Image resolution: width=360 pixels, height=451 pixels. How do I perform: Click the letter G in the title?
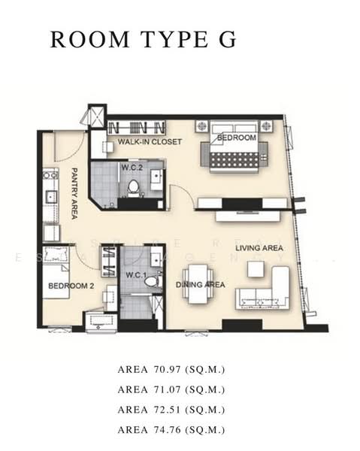228,39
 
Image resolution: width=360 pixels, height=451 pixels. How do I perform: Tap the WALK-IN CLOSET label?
150,141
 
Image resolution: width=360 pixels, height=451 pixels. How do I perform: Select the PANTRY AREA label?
74,194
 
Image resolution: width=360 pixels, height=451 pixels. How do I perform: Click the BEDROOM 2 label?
71,286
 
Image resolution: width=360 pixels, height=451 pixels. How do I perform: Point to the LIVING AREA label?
259,248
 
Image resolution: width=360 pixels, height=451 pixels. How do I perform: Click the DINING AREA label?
201,285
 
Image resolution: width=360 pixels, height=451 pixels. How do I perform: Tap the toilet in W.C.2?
134,188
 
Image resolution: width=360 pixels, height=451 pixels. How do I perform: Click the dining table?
198,284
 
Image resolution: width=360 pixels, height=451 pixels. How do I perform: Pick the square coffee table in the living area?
256,269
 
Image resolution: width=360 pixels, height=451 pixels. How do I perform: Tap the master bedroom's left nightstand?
202,126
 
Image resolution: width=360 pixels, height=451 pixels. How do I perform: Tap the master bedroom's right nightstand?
266,126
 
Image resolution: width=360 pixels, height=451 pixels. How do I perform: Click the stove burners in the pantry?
50,175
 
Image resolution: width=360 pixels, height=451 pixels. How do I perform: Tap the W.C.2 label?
132,168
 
